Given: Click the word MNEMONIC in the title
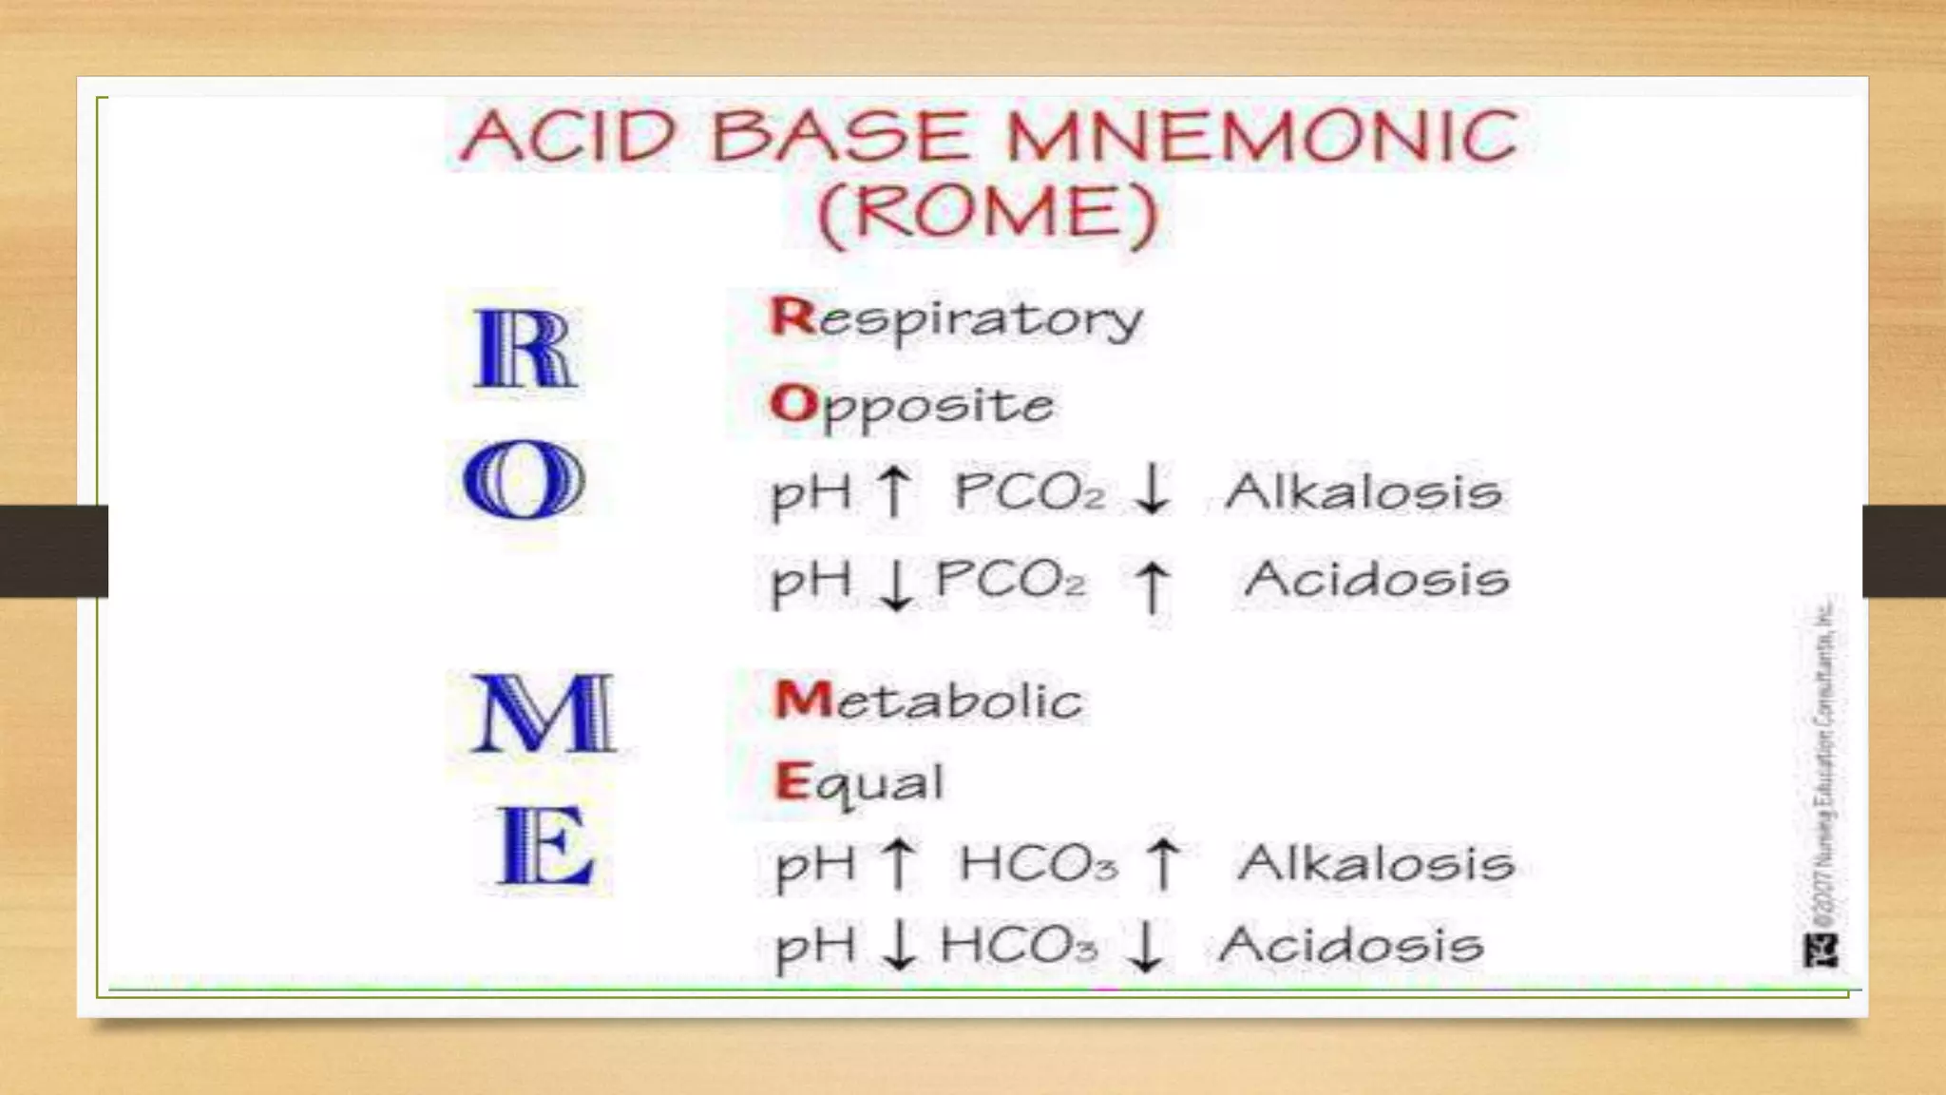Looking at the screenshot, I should coord(1261,135).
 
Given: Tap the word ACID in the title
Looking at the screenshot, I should coord(567,135).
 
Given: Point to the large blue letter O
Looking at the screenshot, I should coord(524,479).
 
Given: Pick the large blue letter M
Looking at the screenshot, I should coord(543,713).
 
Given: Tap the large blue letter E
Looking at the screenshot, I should coord(544,845).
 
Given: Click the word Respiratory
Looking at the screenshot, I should coord(956,318).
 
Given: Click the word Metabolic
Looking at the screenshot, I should coord(928,701).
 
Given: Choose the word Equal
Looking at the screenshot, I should coord(859,784).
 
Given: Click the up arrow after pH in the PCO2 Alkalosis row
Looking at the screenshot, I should coord(893,490).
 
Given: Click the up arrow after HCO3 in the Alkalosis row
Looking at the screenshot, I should coord(1164,863).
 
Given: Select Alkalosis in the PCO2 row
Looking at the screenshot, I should coord(1364,491).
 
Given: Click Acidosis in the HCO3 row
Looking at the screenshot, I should coord(1350,945).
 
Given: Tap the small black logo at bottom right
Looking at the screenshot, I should coord(1821,950).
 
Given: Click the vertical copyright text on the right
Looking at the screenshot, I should coord(1825,760).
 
